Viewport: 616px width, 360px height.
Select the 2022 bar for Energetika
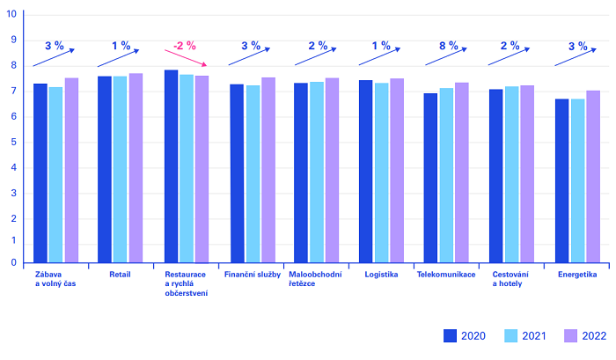point(593,176)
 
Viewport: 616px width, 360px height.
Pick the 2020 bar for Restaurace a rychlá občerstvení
point(171,166)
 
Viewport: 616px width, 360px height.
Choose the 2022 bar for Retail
point(136,168)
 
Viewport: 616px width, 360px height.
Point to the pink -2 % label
point(185,46)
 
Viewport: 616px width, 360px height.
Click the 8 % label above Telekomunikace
point(448,46)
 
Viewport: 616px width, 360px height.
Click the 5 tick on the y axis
point(13,142)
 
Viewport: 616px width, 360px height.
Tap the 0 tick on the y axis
point(13,262)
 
